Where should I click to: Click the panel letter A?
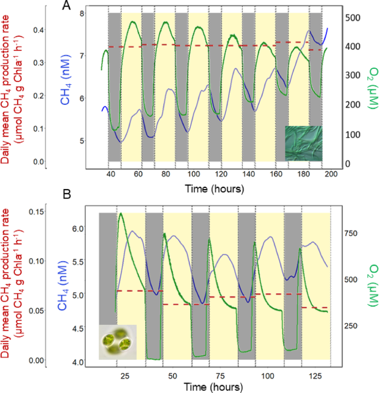[x=66, y=6]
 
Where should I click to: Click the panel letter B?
[x=66, y=195]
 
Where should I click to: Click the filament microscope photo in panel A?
[x=303, y=143]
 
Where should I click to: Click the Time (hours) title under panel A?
[x=215, y=188]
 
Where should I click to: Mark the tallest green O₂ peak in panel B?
[x=121, y=213]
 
